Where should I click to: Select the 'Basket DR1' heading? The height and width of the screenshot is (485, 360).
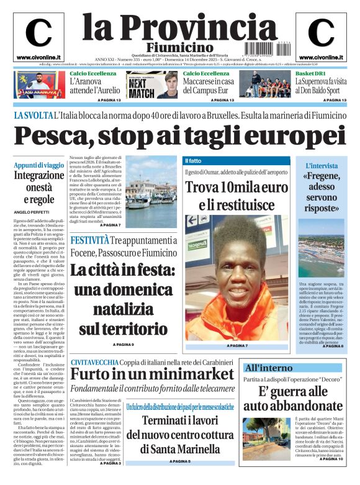click(x=313, y=73)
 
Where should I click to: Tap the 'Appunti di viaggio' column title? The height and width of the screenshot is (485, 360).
click(x=39, y=165)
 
